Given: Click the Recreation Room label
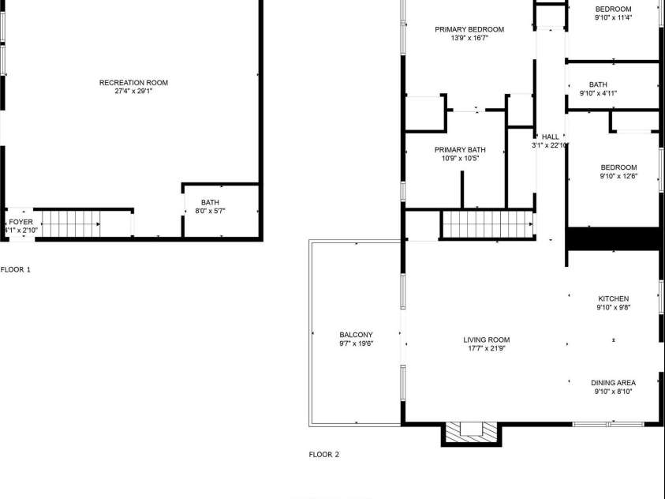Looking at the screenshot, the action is click(133, 83).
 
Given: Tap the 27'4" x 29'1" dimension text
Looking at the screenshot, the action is click(133, 92).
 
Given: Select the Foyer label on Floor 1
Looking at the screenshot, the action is click(21, 222).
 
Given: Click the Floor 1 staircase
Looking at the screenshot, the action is click(71, 224).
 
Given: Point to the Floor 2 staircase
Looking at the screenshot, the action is click(488, 224).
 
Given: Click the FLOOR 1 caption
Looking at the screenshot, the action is click(16, 269).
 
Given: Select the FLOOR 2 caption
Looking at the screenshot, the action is click(324, 455).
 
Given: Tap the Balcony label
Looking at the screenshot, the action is click(357, 335).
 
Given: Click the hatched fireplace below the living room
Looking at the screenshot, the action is click(471, 433).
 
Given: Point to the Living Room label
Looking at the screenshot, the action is click(487, 340).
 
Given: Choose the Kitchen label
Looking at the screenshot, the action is click(613, 298).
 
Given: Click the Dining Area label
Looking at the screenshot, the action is click(613, 383).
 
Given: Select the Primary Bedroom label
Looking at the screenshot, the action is click(469, 30).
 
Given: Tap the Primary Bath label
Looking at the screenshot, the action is click(460, 150).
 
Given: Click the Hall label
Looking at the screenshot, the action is click(551, 137).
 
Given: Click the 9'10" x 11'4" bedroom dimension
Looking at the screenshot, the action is click(613, 18).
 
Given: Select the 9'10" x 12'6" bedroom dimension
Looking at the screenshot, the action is click(618, 176).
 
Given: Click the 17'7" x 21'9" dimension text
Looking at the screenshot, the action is click(487, 348).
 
